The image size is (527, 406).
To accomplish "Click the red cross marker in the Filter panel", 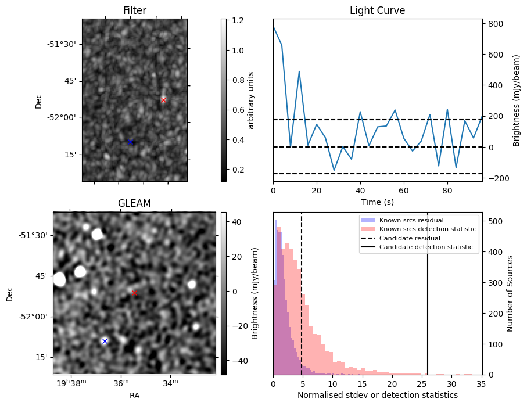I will pos(163,100).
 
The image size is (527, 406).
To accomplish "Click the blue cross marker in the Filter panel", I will pos(130,142).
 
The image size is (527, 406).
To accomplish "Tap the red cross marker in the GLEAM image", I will pos(134,293).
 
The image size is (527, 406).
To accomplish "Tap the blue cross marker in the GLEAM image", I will pos(105,341).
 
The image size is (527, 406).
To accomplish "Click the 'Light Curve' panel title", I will pos(377,10).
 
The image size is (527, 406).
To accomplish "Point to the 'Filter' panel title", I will pos(134,10).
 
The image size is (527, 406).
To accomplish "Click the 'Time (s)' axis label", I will pos(377,202).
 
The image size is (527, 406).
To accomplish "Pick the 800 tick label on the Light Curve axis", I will pos(494,24).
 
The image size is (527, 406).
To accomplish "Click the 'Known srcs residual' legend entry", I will pos(411,221).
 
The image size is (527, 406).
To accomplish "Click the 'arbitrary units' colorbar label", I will pos(251,100).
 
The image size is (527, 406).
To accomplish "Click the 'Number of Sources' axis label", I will pos(511,293).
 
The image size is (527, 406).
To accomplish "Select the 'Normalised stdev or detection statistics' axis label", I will pos(377,395).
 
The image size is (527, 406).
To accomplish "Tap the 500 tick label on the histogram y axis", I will pos(494,221).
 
